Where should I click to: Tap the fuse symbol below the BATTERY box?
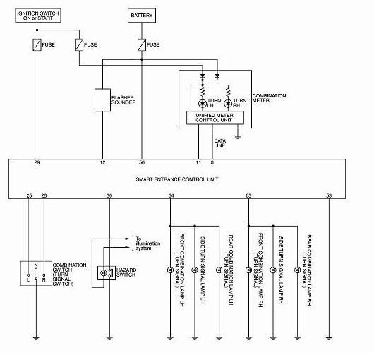[x=142, y=45]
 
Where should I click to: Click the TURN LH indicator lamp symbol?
[x=203, y=104]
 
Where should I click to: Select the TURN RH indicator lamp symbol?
[x=228, y=104]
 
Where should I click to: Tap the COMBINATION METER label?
[x=269, y=98]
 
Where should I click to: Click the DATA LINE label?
[x=219, y=143]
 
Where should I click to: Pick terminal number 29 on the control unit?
[x=37, y=162]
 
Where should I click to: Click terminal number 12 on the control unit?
[x=102, y=162]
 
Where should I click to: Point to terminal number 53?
[x=329, y=195]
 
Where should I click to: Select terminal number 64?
[x=171, y=195]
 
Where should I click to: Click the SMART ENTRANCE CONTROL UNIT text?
[x=177, y=179]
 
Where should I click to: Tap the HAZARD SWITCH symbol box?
[x=107, y=273]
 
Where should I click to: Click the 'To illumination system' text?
[x=148, y=243]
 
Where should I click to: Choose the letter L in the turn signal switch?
[x=28, y=279]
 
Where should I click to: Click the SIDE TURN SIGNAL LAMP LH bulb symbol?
[x=195, y=270]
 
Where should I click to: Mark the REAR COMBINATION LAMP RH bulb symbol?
[x=297, y=270]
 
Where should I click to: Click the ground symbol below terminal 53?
[x=329, y=338]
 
